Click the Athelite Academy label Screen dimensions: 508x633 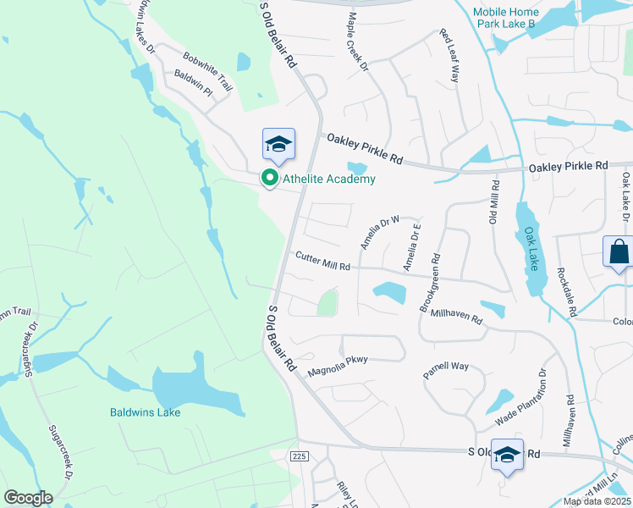(x=328, y=179)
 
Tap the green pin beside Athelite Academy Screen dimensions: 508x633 (x=270, y=179)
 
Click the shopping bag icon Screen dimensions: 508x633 (x=619, y=252)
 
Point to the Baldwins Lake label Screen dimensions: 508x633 (x=145, y=412)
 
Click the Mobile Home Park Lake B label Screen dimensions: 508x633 (x=515, y=18)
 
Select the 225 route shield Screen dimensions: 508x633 (x=297, y=456)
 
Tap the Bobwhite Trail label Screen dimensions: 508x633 (x=207, y=71)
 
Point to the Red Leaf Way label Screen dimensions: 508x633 (x=448, y=56)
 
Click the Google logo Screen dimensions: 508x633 (x=29, y=498)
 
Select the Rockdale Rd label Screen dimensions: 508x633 (x=566, y=292)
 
